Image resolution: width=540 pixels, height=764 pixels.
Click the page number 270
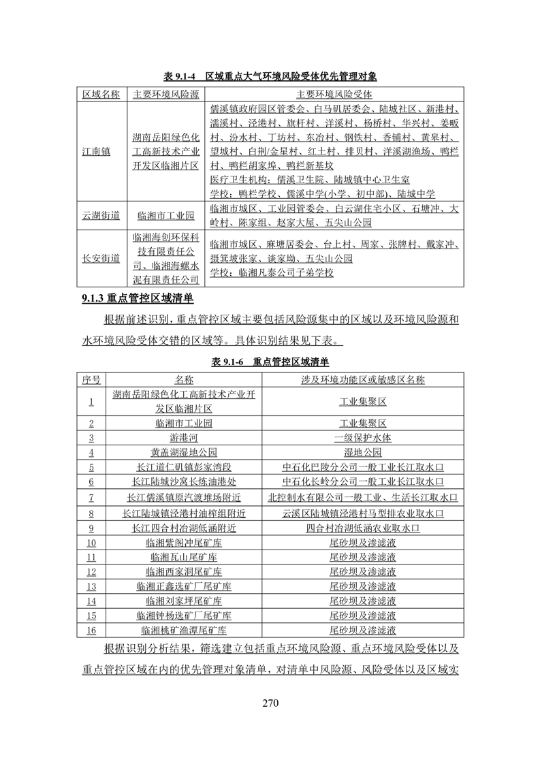[x=270, y=703]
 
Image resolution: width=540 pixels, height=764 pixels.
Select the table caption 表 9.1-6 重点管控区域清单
[x=270, y=362]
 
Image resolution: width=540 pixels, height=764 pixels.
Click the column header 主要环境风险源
[x=165, y=93]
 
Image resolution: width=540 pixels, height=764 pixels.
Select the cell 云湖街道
[x=101, y=215]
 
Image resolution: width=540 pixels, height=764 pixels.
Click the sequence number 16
[x=91, y=631]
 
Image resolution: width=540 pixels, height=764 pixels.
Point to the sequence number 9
[x=91, y=527]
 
